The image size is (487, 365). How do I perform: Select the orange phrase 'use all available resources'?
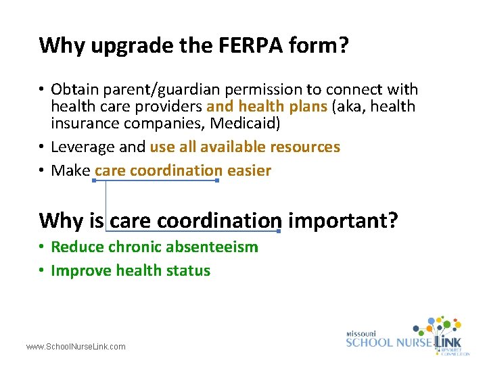click(x=245, y=147)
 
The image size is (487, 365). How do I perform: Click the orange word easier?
click(x=249, y=170)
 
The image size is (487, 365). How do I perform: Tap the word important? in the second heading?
click(x=342, y=220)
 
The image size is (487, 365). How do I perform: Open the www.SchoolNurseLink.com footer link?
click(x=76, y=347)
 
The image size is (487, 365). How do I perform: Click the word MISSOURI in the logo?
click(x=362, y=333)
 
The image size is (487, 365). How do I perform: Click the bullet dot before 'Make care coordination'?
click(x=43, y=171)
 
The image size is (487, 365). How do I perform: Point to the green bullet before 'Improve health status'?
click(x=43, y=271)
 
